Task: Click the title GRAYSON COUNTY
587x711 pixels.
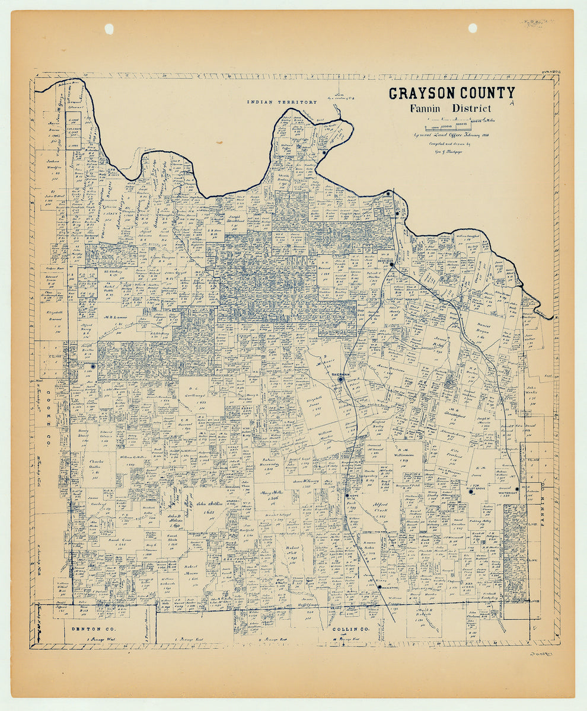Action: [x=451, y=93]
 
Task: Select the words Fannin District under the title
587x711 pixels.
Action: [x=450, y=108]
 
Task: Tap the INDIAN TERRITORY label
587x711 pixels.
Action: [x=282, y=102]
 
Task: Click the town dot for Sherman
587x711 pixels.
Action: [x=342, y=379]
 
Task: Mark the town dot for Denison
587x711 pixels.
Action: [x=391, y=265]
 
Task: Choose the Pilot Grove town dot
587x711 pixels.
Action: [x=471, y=491]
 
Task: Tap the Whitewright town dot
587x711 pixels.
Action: [x=517, y=489]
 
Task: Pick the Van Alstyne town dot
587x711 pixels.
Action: [x=379, y=587]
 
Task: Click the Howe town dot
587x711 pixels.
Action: [x=347, y=495]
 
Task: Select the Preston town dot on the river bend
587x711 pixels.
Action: [x=324, y=152]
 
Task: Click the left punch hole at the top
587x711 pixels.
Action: [x=109, y=28]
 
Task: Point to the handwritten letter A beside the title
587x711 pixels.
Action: [x=511, y=103]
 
